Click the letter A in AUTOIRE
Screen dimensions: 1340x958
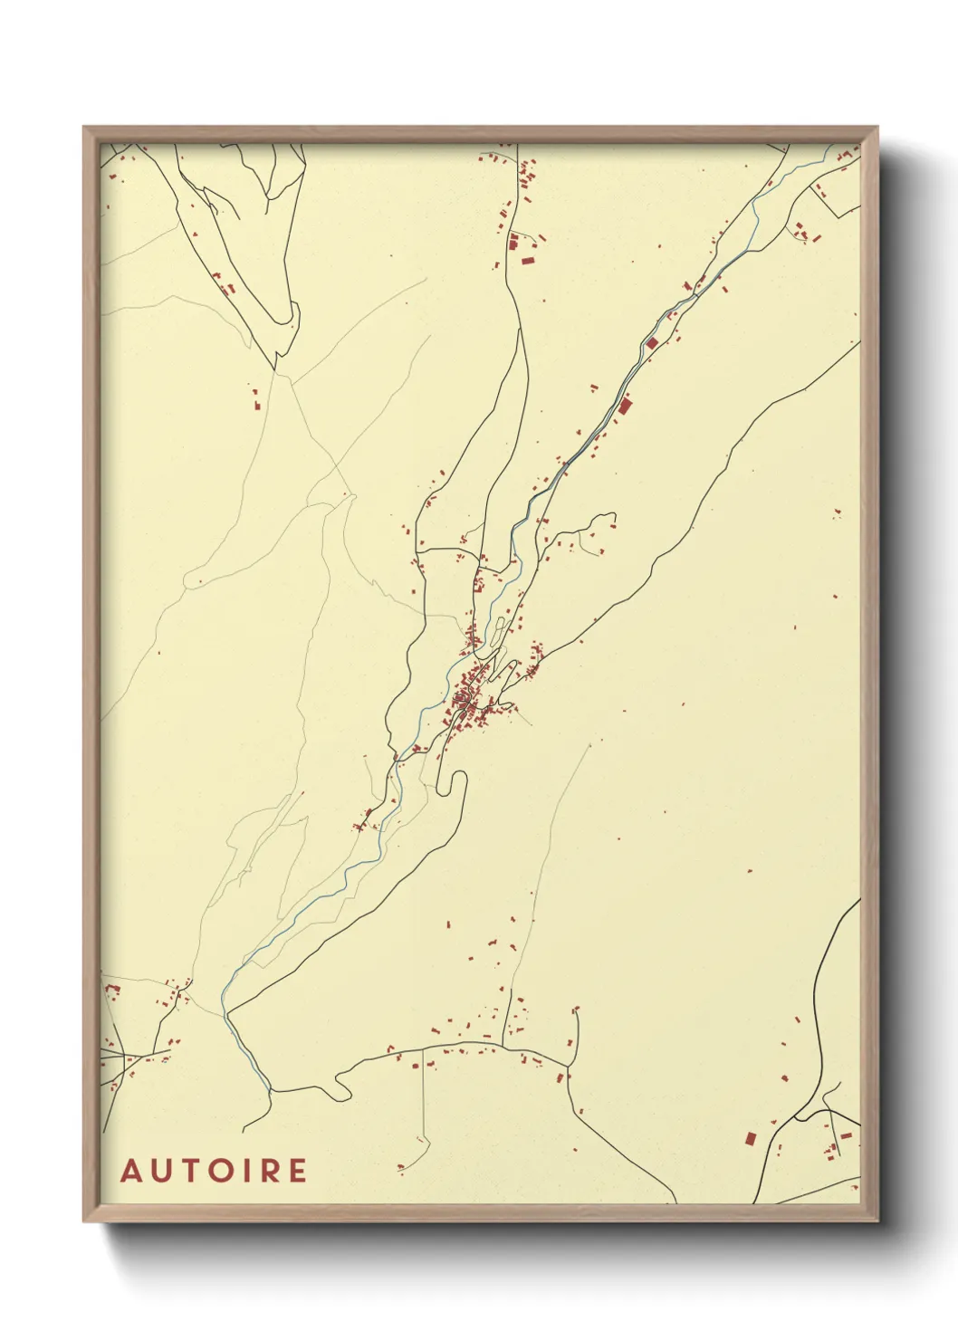point(132,1171)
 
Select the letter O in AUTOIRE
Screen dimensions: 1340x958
point(222,1171)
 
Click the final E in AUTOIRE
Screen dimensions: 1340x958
point(298,1171)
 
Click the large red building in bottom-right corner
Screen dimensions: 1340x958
point(750,1138)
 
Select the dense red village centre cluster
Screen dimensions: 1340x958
point(465,699)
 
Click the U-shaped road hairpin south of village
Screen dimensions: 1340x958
point(450,784)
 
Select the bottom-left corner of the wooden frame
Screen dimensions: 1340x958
point(85,1220)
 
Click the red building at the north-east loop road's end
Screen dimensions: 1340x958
point(612,523)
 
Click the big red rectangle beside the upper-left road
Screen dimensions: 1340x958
point(528,261)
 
